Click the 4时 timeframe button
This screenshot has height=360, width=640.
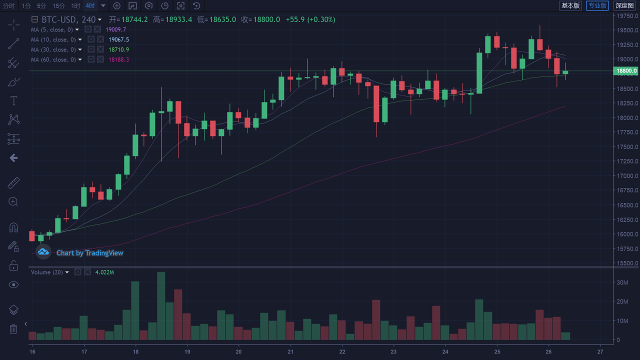pos(90,5)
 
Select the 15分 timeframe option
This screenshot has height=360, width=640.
pos(58,5)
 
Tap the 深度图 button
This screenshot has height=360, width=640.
pos(625,5)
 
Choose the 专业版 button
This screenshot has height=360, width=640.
pos(597,5)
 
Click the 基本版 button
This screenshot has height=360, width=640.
pos(570,5)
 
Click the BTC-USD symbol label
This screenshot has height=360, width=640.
pos(59,19)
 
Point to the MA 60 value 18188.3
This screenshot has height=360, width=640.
pos(118,59)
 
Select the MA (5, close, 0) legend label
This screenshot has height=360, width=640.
pos(51,29)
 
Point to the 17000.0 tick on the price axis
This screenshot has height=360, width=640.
pos(627,175)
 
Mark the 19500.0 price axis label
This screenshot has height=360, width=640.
pos(627,30)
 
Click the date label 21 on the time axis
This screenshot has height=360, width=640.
pos(290,351)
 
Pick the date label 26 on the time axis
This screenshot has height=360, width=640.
pos(548,351)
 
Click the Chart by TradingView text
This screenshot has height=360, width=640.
pos(89,253)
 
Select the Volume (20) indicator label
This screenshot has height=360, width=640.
pos(47,272)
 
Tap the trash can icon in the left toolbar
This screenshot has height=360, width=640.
pos(13,329)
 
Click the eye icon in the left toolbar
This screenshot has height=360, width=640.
pos(13,285)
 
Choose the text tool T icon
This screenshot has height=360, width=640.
pos(13,101)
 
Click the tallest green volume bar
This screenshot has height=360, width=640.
pos(161,305)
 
